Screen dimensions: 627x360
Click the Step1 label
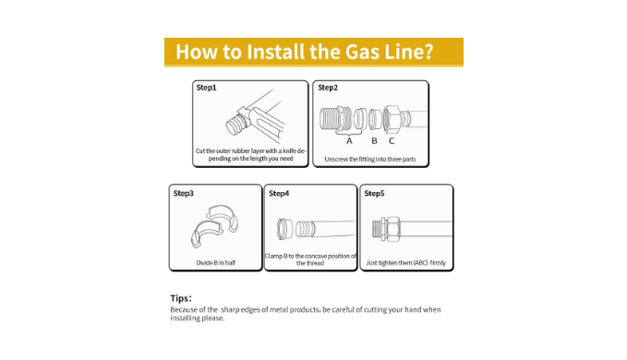point(206,88)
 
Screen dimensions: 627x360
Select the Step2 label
point(328,88)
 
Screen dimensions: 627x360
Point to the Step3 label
point(184,194)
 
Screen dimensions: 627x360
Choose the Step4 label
point(279,194)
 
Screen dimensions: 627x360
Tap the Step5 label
point(374,194)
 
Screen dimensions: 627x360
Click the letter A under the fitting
point(349,141)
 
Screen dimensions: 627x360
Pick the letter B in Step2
point(374,141)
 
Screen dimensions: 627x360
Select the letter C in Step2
point(392,141)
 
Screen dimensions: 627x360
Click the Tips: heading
point(181,298)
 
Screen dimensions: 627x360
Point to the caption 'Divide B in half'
point(215,262)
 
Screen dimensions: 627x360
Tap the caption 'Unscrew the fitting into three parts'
point(370,159)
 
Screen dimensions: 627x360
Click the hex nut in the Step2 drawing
point(391,119)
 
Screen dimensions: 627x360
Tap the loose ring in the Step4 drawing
point(284,229)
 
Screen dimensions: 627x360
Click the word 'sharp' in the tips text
point(230,309)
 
